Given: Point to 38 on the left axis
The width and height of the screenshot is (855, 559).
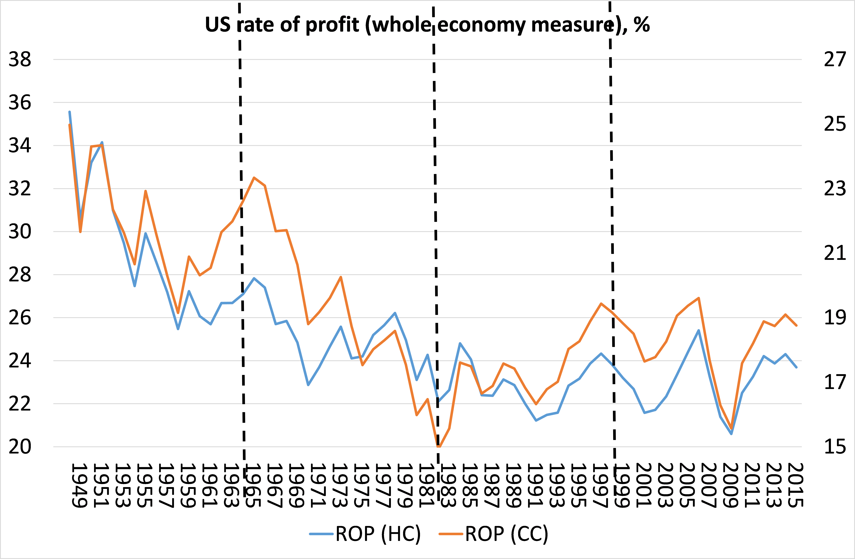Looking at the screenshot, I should (20, 59).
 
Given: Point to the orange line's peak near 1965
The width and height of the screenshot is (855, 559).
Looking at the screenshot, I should (254, 177).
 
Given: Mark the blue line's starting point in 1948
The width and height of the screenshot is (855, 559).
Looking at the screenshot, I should (69, 112).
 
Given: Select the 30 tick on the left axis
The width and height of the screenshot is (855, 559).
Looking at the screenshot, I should (20, 232).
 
